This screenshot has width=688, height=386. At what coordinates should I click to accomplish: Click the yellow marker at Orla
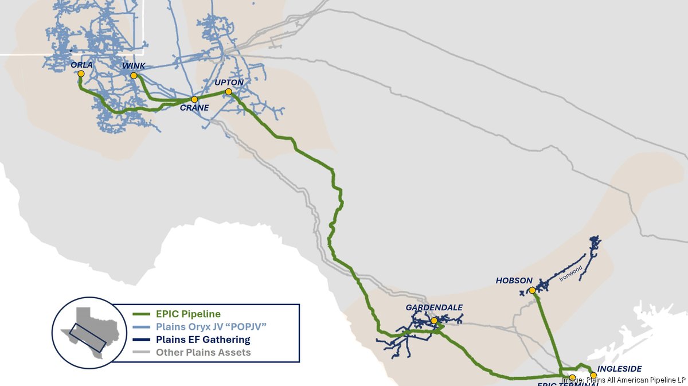[x=81, y=73]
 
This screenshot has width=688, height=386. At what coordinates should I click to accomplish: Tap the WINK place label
[x=134, y=66]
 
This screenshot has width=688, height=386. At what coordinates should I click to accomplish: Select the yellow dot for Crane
[x=194, y=99]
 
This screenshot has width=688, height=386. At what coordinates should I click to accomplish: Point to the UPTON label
[x=229, y=83]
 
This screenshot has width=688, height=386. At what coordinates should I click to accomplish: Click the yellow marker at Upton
[x=228, y=92]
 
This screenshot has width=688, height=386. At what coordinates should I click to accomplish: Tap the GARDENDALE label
[x=434, y=308]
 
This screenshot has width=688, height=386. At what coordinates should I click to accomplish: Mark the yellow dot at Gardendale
[x=434, y=321]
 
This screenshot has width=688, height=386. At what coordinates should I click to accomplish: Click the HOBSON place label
[x=514, y=280]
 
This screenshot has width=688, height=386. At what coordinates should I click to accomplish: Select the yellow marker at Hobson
[x=532, y=290]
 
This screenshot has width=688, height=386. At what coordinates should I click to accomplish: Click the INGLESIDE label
[x=619, y=369]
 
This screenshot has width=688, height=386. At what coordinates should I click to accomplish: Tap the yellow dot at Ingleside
[x=593, y=376]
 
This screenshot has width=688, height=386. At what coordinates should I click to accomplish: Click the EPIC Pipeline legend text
[x=188, y=314]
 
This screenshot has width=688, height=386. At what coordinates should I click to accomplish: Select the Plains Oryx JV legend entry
[x=212, y=326]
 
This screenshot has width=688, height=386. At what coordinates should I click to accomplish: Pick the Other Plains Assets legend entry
[x=203, y=352]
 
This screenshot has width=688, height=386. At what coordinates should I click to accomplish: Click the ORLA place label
[x=81, y=65]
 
